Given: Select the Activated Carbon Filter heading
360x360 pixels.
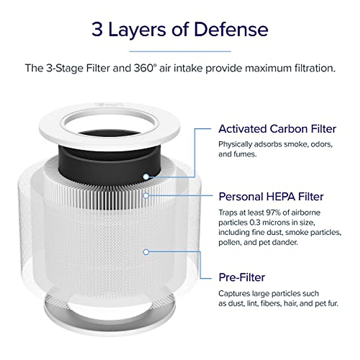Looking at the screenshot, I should [277, 129].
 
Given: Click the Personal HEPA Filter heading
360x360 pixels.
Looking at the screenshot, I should [271, 196].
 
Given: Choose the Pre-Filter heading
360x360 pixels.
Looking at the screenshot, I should [242, 277].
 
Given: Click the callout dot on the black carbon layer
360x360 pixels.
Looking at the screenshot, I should [146, 177].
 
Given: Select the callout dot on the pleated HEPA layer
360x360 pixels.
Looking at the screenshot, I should [146, 196].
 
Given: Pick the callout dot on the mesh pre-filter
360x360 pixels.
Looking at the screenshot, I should [146, 252].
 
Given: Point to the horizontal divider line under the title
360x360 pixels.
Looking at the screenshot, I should [180, 51].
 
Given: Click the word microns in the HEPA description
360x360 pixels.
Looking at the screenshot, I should [275, 223].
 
